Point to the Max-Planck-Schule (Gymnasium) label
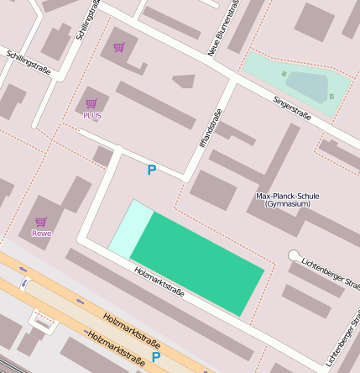287,200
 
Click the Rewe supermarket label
41,234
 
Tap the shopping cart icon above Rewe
40,222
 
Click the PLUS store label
91,115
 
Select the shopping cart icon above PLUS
91,103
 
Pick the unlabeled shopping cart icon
119,47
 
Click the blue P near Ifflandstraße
151,171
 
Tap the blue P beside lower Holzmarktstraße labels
155,357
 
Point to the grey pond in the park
306,86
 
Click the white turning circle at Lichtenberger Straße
294,255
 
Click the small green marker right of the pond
331,96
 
